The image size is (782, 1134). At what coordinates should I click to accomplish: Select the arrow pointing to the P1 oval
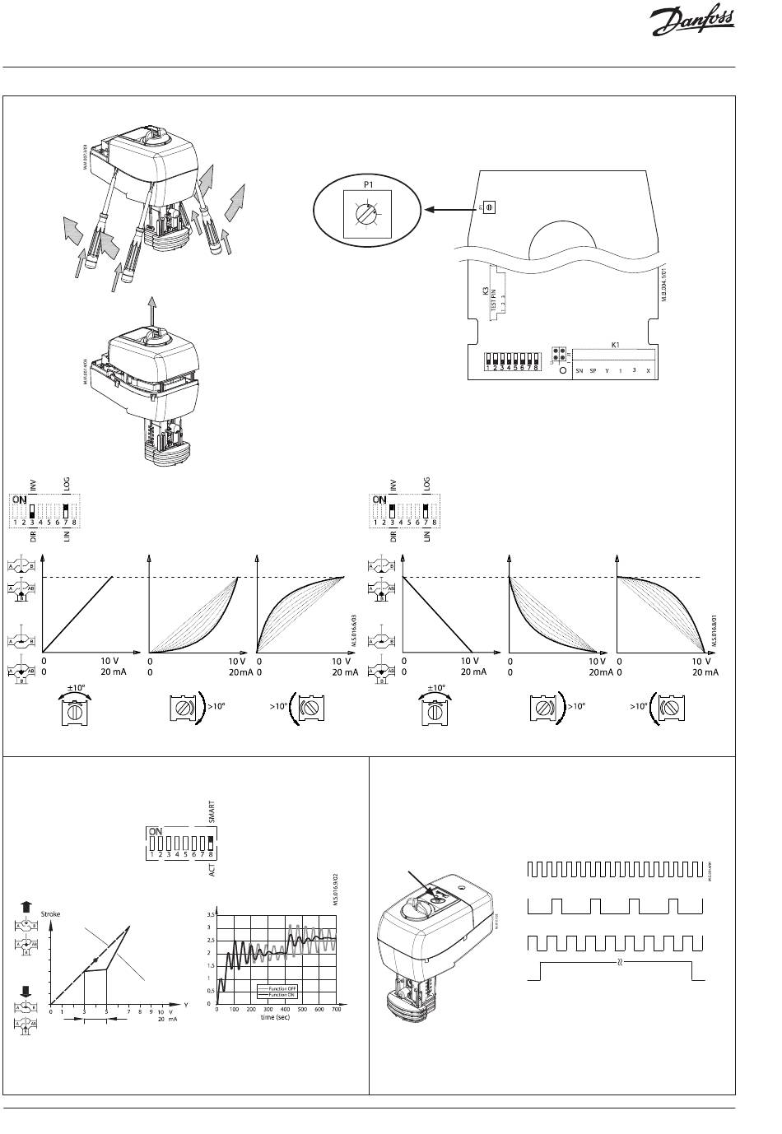tap(450, 210)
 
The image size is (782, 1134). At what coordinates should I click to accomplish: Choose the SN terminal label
tap(580, 371)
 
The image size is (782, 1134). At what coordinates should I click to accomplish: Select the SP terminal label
tap(593, 371)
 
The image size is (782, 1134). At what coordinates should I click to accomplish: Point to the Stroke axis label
tap(51, 913)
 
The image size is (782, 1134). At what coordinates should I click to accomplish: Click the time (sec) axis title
tap(275, 1017)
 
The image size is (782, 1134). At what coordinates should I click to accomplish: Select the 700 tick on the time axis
tap(336, 1010)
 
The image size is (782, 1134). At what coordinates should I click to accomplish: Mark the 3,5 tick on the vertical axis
tap(210, 914)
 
